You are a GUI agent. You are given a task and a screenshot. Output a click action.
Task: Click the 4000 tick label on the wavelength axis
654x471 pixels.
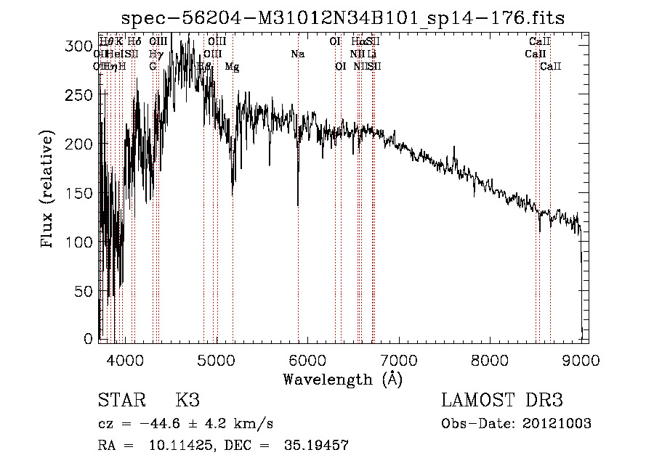pyautogui.click(x=125, y=359)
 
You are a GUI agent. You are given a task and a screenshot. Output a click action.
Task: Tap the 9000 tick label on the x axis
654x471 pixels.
pyautogui.click(x=581, y=359)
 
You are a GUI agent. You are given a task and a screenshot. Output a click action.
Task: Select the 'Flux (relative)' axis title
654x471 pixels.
pyautogui.click(x=49, y=190)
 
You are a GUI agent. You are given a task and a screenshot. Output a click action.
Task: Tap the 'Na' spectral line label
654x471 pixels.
pyautogui.click(x=297, y=54)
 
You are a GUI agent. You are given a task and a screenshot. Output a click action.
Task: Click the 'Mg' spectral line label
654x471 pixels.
pyautogui.click(x=232, y=67)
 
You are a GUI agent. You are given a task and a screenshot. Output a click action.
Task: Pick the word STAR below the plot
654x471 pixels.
pyautogui.click(x=121, y=401)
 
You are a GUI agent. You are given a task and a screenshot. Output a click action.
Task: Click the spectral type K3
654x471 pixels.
pyautogui.click(x=187, y=401)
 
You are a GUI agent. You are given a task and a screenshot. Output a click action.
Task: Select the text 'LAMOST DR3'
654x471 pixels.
pyautogui.click(x=502, y=401)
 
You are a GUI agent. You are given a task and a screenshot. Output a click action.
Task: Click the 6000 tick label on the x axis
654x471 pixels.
pyautogui.click(x=308, y=359)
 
